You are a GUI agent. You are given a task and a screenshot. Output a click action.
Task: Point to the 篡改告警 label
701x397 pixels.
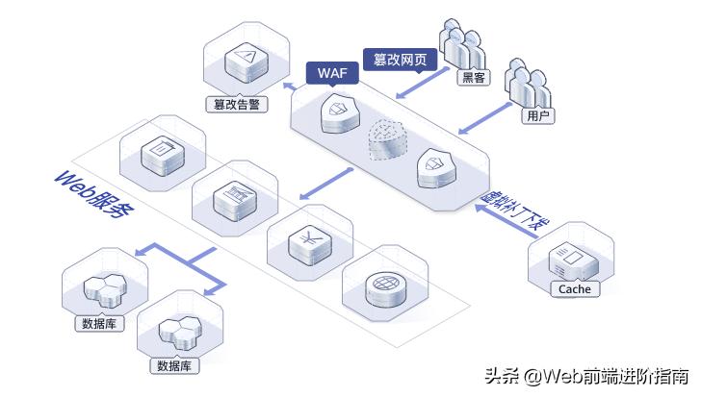click(237, 104)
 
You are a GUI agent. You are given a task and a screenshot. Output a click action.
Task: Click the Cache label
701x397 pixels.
click(574, 288)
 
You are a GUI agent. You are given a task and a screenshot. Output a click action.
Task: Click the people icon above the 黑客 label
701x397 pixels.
click(464, 43)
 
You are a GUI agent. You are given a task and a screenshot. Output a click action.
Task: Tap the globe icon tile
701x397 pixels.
click(387, 287)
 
